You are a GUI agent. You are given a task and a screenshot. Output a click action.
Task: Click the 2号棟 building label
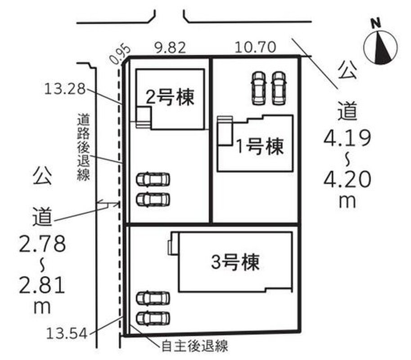pyautogui.click(x=170, y=97)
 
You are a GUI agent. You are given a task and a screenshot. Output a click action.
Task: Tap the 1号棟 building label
pyautogui.click(x=260, y=146)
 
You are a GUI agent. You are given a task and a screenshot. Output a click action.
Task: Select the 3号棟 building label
pyautogui.click(x=235, y=262)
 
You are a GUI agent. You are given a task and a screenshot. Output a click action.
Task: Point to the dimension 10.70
pyautogui.click(x=255, y=47)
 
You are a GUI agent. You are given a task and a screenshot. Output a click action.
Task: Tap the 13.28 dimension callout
pyautogui.click(x=65, y=89)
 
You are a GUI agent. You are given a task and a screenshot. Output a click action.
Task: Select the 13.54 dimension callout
pyautogui.click(x=67, y=333)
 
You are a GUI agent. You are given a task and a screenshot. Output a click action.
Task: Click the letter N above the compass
pyautogui.click(x=376, y=23)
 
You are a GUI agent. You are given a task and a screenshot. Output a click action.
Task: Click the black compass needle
pyautogui.click(x=382, y=48)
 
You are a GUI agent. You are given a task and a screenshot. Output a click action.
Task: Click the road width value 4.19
pyautogui.click(x=347, y=138)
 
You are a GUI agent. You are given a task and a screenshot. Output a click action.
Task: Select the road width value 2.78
pyautogui.click(x=42, y=243)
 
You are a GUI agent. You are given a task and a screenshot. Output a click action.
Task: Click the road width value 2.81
pyautogui.click(x=42, y=285)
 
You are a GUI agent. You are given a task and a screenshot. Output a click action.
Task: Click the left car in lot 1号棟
pyautogui.click(x=258, y=88)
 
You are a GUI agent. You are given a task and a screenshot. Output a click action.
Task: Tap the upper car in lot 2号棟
pyautogui.click(x=153, y=180)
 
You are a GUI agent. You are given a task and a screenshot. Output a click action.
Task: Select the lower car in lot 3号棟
pyautogui.click(x=153, y=318)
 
